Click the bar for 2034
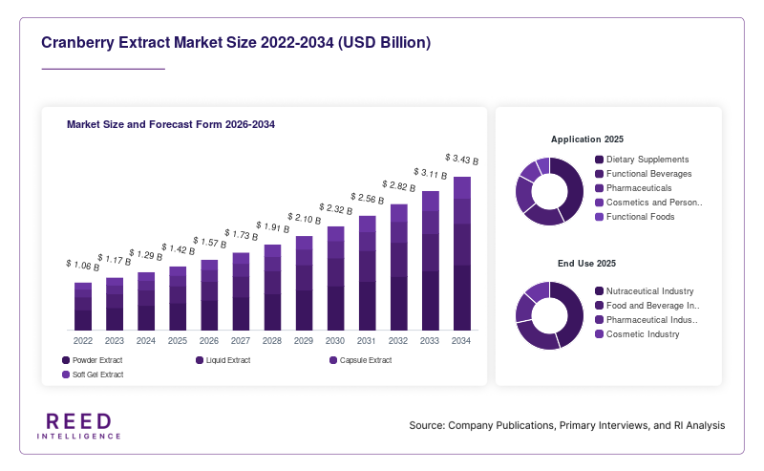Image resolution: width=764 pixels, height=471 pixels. (x=462, y=253)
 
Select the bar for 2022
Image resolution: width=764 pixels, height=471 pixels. (x=83, y=307)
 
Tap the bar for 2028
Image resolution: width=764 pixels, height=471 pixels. (x=272, y=288)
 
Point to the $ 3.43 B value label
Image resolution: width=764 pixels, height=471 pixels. (x=462, y=159)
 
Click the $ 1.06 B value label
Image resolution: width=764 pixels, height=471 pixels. (x=83, y=266)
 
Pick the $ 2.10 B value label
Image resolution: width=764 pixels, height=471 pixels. (x=304, y=219)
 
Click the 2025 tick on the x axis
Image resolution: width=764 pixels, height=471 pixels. (x=178, y=341)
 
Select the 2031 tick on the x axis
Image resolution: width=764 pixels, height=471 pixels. (x=367, y=341)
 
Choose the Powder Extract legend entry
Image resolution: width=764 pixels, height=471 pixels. (x=92, y=360)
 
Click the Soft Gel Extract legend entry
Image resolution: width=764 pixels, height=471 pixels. (x=93, y=375)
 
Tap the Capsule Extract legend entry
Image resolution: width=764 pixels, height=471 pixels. (x=361, y=360)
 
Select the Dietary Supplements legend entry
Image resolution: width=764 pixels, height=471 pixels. (x=642, y=160)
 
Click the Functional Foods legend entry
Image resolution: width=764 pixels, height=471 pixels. (x=635, y=217)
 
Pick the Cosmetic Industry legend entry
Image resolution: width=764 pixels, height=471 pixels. (x=637, y=334)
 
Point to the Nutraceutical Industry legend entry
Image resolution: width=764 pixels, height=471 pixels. (x=644, y=291)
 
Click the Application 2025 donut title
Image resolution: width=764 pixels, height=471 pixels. (x=587, y=139)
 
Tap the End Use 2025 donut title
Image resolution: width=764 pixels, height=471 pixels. (x=586, y=264)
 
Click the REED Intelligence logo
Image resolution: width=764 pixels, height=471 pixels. (x=79, y=426)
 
